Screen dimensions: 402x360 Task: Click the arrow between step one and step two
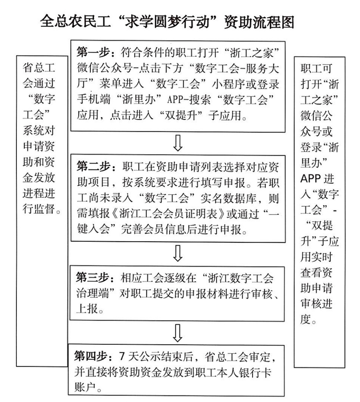point(177,143)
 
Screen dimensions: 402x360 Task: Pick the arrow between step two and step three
point(177,253)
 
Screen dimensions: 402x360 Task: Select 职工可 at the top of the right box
point(317,67)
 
